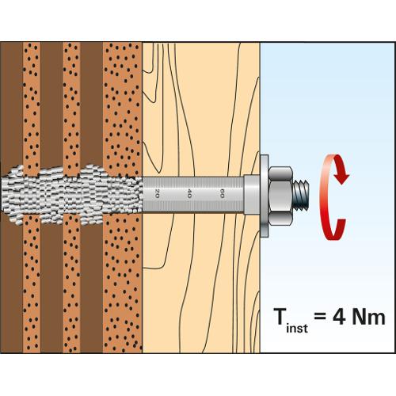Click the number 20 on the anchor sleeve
(x=157, y=193)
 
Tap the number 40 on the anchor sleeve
(x=189, y=193)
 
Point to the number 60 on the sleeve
(x=222, y=193)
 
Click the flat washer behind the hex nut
(x=265, y=196)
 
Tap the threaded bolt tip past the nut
(x=301, y=195)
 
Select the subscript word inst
(x=297, y=328)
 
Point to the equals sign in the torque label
(x=320, y=317)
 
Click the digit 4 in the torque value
(x=339, y=316)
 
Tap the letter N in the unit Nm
(x=359, y=316)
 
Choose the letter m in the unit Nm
(x=377, y=318)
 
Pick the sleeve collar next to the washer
(x=252, y=194)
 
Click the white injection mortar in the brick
(x=71, y=195)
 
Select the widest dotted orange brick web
(x=123, y=105)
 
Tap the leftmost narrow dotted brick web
(x=32, y=105)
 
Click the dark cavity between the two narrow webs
(x=51, y=105)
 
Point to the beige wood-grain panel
(x=201, y=105)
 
